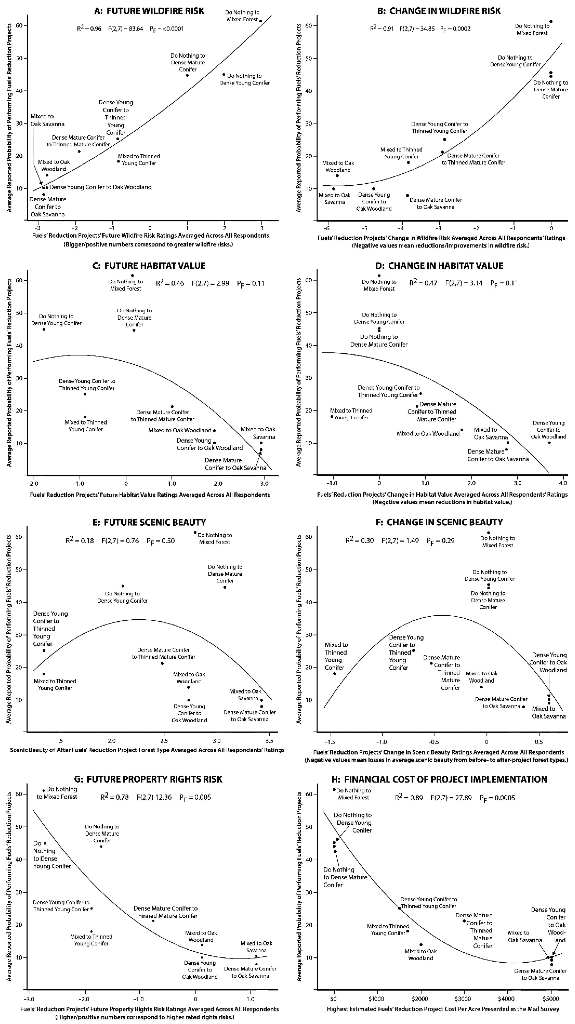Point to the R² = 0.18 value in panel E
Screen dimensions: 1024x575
coord(80,541)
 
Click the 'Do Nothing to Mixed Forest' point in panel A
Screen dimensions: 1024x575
coord(261,21)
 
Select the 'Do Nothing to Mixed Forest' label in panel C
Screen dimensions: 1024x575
coord(125,285)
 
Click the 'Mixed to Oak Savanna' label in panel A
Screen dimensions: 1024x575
coord(47,120)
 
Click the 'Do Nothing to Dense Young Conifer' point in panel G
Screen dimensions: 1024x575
coord(45,844)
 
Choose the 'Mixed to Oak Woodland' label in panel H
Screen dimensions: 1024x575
coord(420,954)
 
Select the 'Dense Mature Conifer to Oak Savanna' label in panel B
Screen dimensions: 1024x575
coord(436,203)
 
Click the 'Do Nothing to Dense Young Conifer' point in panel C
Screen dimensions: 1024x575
coord(44,329)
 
